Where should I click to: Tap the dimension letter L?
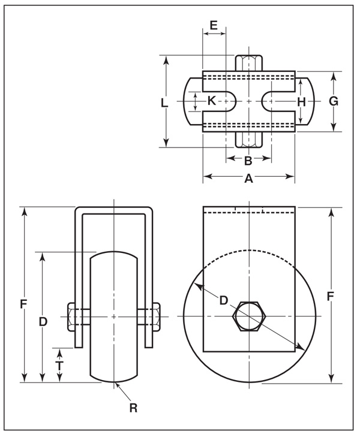pyautogui.click(x=164, y=103)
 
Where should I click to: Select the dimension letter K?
pyautogui.click(x=212, y=101)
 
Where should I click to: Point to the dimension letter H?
pyautogui.click(x=301, y=101)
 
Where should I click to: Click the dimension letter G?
pyautogui.click(x=334, y=101)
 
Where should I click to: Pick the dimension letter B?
pyautogui.click(x=248, y=161)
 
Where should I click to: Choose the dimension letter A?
pyautogui.click(x=248, y=178)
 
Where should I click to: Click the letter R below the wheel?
pyautogui.click(x=133, y=408)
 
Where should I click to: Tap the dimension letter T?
pyautogui.click(x=59, y=366)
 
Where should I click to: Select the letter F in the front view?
pyautogui.click(x=23, y=305)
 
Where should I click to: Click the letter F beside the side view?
pyautogui.click(x=331, y=296)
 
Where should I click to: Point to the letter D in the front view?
pyautogui.click(x=43, y=322)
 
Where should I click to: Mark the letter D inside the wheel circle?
pyautogui.click(x=223, y=300)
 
